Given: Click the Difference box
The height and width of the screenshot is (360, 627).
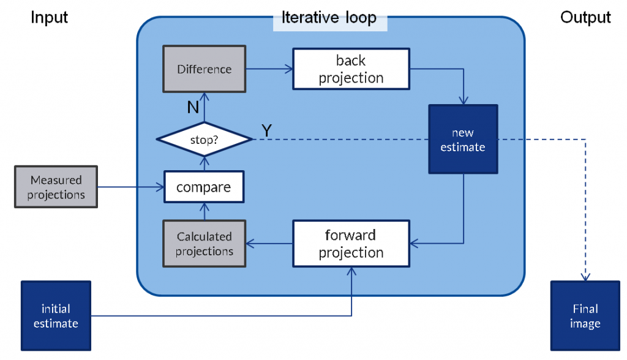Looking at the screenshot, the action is click(205, 69).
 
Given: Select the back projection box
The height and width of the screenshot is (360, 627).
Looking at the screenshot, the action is click(351, 69).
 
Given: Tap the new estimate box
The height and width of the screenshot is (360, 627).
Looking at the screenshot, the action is click(463, 139).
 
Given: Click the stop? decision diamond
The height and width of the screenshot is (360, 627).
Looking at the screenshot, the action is click(205, 139).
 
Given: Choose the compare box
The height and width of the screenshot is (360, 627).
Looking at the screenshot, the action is click(204, 187).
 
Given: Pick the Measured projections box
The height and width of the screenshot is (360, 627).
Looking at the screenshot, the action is click(56, 187).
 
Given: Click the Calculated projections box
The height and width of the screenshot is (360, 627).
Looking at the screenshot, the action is click(205, 244).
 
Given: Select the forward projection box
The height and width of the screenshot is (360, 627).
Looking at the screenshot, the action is click(351, 244).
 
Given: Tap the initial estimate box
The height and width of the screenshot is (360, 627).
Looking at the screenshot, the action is click(56, 316).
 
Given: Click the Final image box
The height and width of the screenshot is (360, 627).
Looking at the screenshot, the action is click(585, 316).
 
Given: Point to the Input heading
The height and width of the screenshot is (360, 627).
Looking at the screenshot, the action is click(49, 18).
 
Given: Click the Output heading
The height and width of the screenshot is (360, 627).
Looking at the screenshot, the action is click(585, 18).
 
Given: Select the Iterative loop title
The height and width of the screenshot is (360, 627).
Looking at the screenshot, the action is click(329, 18).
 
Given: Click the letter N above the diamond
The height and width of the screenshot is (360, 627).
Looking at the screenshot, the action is click(193, 107).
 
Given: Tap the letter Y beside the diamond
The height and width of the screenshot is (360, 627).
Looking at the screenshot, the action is click(267, 130).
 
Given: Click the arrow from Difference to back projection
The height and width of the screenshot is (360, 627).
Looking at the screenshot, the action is click(269, 69).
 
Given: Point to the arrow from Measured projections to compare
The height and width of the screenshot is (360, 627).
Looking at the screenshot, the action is click(131, 187).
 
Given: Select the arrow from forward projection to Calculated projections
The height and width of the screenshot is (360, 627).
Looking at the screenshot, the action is click(269, 244).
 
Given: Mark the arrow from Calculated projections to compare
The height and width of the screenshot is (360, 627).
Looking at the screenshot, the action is click(205, 211).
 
